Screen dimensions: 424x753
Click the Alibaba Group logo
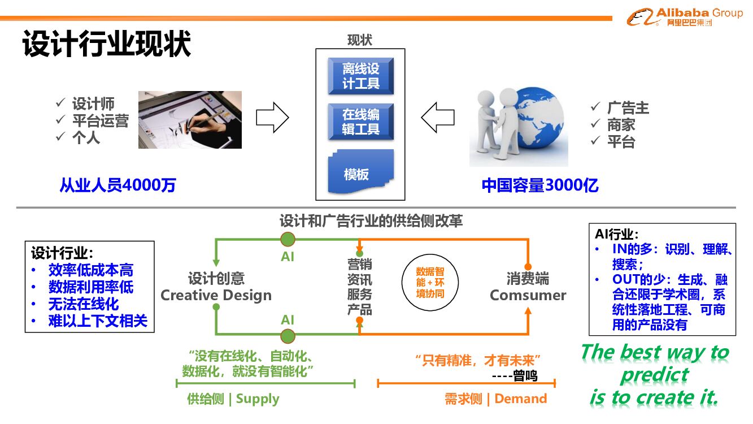[x=685, y=17]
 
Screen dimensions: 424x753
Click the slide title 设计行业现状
[x=107, y=44]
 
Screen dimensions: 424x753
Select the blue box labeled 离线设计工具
[x=360, y=76]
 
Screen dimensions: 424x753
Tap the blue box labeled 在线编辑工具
[x=360, y=122]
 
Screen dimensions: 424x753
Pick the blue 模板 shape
[x=360, y=172]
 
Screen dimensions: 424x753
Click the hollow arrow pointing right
[x=272, y=118]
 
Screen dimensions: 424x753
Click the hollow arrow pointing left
[x=438, y=118]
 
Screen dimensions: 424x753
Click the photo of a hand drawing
[x=190, y=120]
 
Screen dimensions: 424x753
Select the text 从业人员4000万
[x=117, y=185]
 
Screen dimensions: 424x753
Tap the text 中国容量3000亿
[x=540, y=185]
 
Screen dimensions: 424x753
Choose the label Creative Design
[x=216, y=295]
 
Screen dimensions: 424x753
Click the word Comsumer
[x=528, y=295]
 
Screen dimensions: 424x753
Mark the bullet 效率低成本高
[x=90, y=270]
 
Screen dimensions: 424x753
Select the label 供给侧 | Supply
[x=233, y=399]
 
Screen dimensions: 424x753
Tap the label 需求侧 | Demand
[x=496, y=399]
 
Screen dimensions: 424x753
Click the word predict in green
[x=654, y=374]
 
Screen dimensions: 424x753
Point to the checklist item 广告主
[x=628, y=108]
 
